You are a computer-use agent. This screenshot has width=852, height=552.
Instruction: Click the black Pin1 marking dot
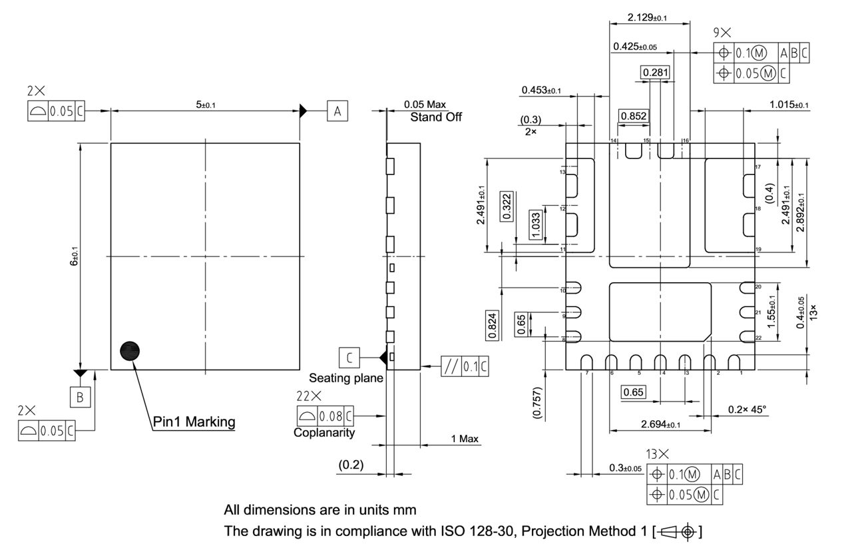130,352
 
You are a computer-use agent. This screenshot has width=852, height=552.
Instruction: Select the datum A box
337,111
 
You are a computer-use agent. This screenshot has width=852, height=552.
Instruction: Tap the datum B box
80,398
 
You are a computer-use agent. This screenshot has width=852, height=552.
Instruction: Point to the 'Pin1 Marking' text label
194,421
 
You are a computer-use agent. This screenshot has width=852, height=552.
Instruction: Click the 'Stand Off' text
435,117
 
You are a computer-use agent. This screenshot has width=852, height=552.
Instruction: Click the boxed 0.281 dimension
655,72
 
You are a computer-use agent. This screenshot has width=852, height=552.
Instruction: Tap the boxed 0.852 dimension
633,116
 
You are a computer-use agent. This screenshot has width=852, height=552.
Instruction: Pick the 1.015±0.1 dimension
789,105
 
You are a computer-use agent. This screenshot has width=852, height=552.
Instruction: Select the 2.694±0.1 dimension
660,424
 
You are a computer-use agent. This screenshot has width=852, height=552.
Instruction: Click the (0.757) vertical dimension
538,402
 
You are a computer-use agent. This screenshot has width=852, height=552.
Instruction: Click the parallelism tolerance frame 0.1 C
465,366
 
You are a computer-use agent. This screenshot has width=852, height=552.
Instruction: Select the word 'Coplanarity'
324,432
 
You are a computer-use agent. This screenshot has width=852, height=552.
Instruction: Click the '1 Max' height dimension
465,439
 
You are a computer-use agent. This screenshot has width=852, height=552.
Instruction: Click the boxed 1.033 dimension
536,224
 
